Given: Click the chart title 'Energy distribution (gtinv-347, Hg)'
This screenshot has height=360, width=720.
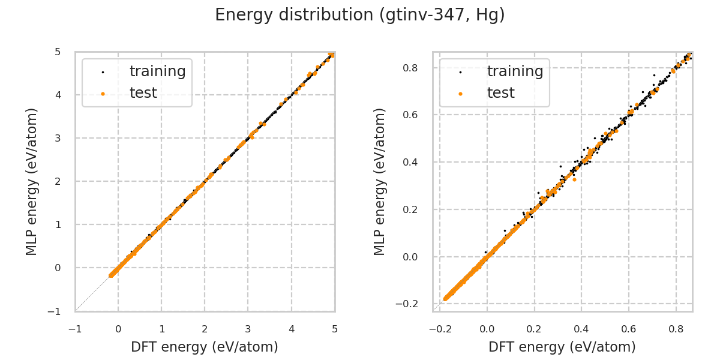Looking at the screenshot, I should coord(360,15).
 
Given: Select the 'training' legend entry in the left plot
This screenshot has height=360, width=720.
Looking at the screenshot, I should coord(157,71).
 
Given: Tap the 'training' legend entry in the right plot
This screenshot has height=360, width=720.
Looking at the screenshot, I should coord(515,71).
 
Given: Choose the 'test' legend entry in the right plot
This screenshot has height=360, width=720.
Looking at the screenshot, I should coord(500,93).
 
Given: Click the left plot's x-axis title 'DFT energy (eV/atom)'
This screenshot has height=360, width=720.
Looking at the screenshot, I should coord(205,347).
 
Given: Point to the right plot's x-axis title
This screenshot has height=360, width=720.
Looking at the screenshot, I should coord(562,347).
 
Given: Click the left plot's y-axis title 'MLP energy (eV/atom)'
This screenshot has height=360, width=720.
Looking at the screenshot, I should coord(32,181).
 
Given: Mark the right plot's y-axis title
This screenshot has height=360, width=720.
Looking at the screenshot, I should coord(380,181).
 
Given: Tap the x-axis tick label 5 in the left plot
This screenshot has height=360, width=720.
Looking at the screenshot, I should coord(335,329).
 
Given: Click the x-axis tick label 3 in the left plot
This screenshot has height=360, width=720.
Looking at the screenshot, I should coord(248,329).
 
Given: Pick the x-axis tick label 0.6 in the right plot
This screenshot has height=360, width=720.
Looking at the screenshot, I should coord(629,329).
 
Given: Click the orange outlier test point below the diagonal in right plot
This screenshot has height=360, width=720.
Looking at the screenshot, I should coord(574,179).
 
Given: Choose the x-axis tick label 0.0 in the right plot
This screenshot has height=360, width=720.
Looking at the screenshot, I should coord(487,329).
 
